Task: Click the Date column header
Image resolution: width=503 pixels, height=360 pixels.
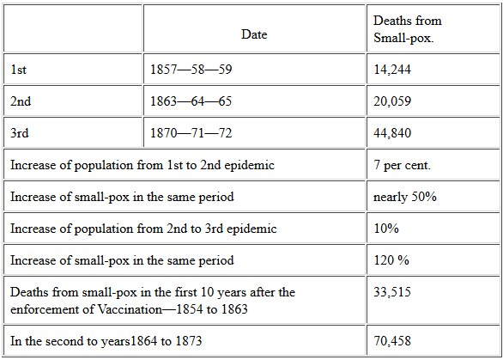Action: click(254, 34)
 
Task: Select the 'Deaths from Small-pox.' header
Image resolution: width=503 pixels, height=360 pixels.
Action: click(408, 29)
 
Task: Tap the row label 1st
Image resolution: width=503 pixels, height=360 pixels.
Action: click(18, 70)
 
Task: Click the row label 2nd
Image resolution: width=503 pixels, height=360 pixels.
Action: click(21, 101)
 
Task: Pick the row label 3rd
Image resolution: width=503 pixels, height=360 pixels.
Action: click(19, 133)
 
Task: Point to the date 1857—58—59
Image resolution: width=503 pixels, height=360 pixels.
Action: click(191, 70)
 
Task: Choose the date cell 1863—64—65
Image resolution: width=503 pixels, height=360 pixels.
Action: click(191, 101)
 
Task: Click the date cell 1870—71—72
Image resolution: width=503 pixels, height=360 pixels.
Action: click(191, 133)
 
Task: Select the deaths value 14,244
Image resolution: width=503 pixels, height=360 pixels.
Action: click(392, 70)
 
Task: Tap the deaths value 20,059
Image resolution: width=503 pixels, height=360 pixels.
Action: click(392, 101)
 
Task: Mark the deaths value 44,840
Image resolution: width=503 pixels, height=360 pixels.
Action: click(392, 133)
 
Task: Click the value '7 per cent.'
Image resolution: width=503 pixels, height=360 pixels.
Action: click(403, 165)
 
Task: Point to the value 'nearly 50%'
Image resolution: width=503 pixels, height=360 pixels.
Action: click(405, 197)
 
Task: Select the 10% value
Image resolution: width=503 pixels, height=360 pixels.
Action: click(386, 229)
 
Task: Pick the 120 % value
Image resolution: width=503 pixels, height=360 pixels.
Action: click(391, 260)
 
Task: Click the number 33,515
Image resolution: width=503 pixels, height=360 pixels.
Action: click(392, 292)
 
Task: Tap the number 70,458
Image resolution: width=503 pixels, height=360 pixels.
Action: click(392, 341)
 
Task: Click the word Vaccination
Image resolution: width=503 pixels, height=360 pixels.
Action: click(130, 309)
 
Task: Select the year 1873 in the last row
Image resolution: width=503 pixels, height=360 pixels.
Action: click(189, 341)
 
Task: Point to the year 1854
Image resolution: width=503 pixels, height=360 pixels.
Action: click(190, 309)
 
